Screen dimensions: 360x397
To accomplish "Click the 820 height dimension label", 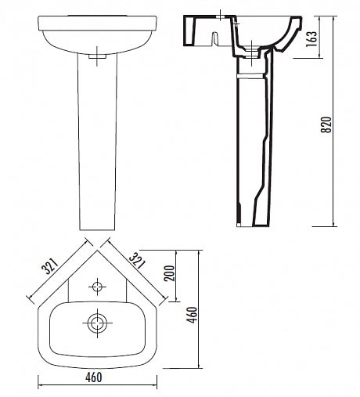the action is click(x=326, y=125).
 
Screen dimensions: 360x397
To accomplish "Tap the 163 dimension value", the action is click(x=311, y=39).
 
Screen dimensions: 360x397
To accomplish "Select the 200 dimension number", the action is click(x=169, y=273).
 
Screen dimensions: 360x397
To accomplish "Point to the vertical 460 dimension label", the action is click(x=193, y=315).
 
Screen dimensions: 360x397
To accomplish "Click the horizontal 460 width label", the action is click(x=94, y=377).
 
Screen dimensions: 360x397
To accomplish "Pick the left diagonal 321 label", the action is click(x=50, y=266).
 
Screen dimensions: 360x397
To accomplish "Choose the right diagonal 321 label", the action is click(x=136, y=261).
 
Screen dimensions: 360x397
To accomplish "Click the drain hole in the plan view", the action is click(x=97, y=323).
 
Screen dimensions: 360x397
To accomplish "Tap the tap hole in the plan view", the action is click(x=97, y=287).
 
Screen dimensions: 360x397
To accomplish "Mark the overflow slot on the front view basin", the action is click(x=97, y=56).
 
